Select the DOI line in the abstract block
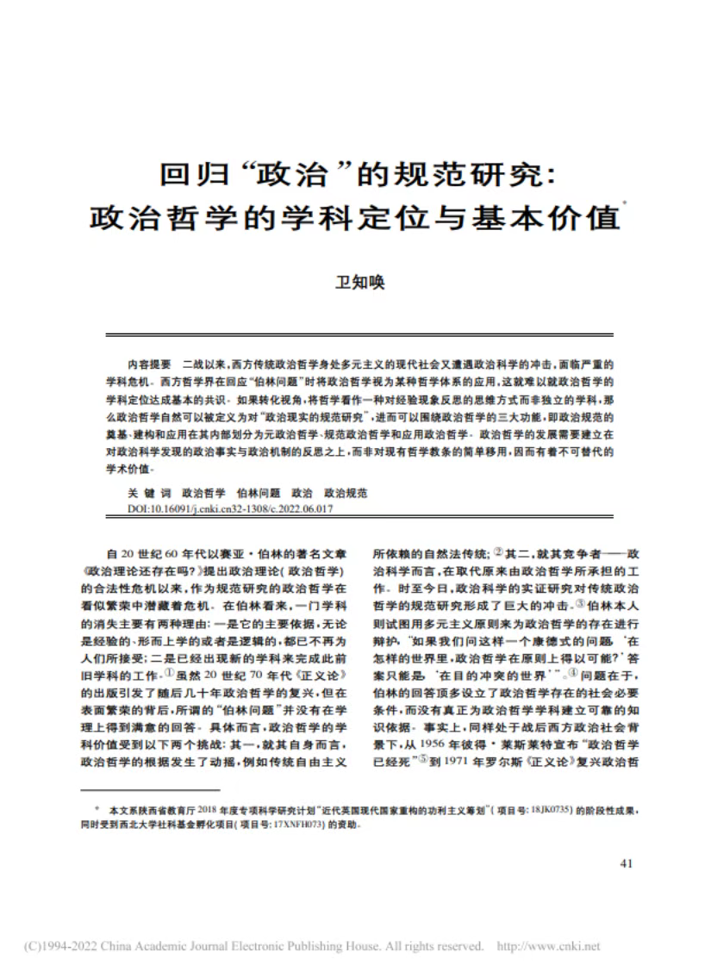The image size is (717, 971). (230, 509)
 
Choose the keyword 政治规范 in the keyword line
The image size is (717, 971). (345, 494)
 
